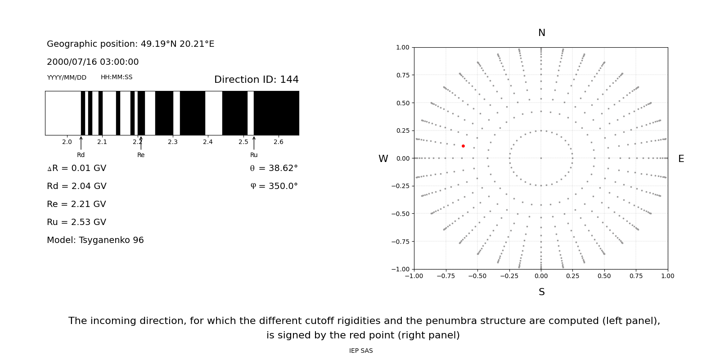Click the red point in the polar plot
pos(463,146)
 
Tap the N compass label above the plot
pos(541,33)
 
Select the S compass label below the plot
pos(541,292)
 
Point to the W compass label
pos(383,159)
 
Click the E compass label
pos(681,159)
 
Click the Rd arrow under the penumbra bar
pos(81,143)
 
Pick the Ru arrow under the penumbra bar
pos(254,143)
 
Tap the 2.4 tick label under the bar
pos(208,142)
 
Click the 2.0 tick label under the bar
pos(67,142)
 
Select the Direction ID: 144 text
pos(256,80)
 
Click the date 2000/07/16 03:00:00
pos(93,62)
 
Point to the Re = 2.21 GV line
pos(76,204)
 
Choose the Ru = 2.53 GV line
pos(76,222)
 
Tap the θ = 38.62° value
pos(274,168)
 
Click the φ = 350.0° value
pos(274,186)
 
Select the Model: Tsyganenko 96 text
pos(95,240)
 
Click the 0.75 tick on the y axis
pos(403,75)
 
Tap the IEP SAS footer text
pos(361,351)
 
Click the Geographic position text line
pos(130,44)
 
